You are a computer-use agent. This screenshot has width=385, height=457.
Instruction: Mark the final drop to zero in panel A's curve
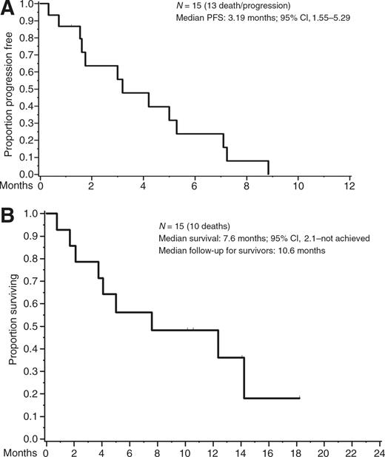pyautogui.click(x=268, y=168)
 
